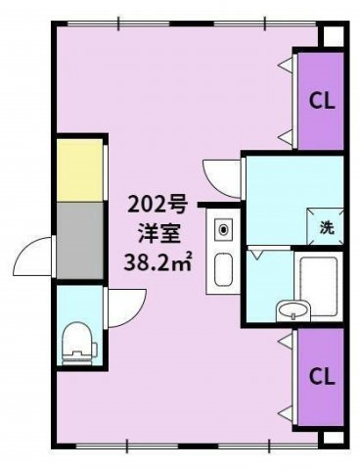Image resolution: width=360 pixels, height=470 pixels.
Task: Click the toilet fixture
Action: pos(79,344)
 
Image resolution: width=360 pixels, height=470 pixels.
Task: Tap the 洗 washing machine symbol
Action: pos(326,226)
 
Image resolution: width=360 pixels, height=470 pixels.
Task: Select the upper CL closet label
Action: pos(322,101)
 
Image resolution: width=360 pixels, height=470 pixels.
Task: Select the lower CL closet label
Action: pos(322,377)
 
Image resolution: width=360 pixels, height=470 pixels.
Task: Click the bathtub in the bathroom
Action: pos(318,287)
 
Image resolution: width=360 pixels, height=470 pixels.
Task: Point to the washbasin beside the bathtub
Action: pos(292,310)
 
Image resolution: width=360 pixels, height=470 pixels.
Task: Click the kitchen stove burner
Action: pos(223,229)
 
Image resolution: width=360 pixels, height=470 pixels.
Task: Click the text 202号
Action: pos(157,206)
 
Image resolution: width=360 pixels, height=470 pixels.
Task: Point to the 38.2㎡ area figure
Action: pos(157,261)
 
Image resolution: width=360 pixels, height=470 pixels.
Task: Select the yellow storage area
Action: pos(80,170)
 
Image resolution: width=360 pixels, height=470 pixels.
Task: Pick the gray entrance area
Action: pos(80,241)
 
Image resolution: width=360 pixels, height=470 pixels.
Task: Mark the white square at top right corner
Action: pos(334,36)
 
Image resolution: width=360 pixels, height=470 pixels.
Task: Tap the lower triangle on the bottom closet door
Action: pos(286,413)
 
